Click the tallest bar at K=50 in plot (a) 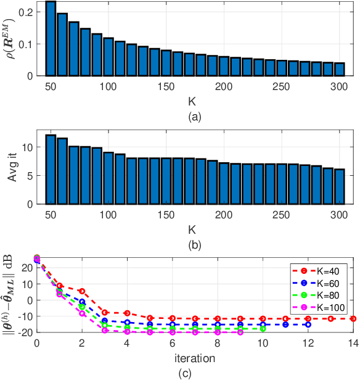pyautogui.click(x=51, y=38)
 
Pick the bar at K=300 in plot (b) pyautogui.click(x=340, y=186)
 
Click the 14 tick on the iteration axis pyautogui.click(x=353, y=343)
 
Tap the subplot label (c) pyautogui.click(x=195, y=372)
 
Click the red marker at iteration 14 pyautogui.click(x=353, y=318)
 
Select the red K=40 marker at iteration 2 pyautogui.click(x=82, y=291)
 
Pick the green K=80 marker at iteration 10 pyautogui.click(x=263, y=329)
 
